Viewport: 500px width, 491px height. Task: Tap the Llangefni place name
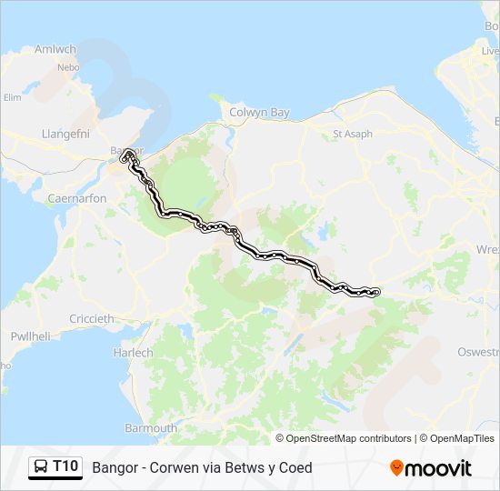click(63, 134)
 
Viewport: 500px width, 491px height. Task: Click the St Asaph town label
click(352, 134)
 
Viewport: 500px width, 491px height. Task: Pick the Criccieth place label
click(92, 318)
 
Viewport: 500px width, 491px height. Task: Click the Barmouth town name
click(152, 427)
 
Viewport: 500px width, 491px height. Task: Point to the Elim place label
click(13, 97)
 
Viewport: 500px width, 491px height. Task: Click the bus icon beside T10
click(41, 467)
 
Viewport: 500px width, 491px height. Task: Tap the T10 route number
click(65, 467)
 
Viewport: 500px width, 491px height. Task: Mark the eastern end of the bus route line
click(375, 291)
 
